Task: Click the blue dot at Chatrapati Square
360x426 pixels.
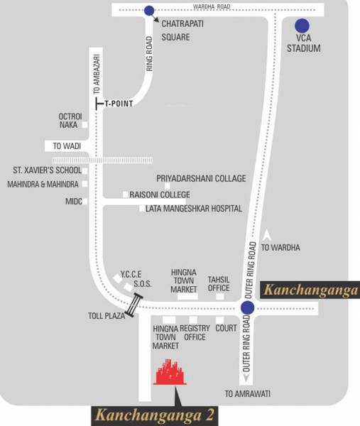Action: pyautogui.click(x=148, y=11)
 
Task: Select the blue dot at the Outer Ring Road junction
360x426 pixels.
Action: pyautogui.click(x=247, y=307)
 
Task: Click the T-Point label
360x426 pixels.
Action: pyautogui.click(x=119, y=104)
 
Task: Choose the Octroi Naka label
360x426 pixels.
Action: pyautogui.click(x=71, y=121)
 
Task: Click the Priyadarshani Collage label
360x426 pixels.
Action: pyautogui.click(x=201, y=179)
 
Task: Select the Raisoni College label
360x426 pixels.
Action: pyautogui.click(x=160, y=195)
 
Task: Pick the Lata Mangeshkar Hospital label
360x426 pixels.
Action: pyautogui.click(x=194, y=209)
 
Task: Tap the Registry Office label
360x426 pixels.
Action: pyautogui.click(x=195, y=333)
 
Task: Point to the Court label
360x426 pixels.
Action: pyautogui.click(x=226, y=329)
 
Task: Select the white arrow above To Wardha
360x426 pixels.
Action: pyautogui.click(x=268, y=236)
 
